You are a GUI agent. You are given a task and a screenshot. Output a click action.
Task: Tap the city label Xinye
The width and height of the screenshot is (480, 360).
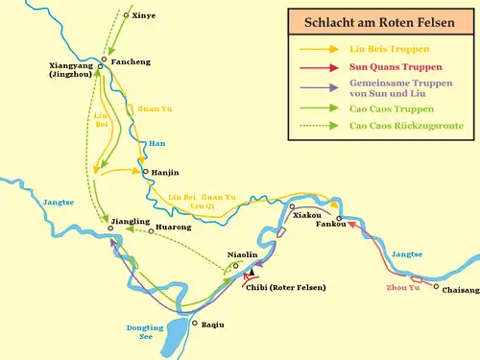[143, 15]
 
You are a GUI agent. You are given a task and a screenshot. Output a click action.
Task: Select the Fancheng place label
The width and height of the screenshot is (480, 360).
[131, 61]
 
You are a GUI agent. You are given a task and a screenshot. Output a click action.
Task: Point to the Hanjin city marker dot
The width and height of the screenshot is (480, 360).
[144, 173]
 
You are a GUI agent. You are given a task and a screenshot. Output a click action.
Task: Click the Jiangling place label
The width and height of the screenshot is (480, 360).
[131, 222]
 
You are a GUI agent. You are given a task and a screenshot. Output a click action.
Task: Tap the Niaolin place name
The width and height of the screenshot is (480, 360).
[242, 254]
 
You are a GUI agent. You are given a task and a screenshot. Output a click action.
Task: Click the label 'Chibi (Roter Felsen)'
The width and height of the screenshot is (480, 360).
[286, 287]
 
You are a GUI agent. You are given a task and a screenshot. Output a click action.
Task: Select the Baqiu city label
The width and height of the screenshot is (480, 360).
[212, 324]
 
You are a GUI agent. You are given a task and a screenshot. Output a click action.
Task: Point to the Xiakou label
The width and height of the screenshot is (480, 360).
[307, 215]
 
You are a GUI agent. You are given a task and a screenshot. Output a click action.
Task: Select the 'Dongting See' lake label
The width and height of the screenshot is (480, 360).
[146, 332]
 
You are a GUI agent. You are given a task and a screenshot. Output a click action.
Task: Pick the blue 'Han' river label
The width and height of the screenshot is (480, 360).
[157, 144]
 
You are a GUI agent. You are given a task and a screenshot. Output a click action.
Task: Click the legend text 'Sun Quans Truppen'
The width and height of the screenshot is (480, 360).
[396, 67]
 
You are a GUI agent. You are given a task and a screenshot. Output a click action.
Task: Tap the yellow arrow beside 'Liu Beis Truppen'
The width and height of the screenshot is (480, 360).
[319, 49]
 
